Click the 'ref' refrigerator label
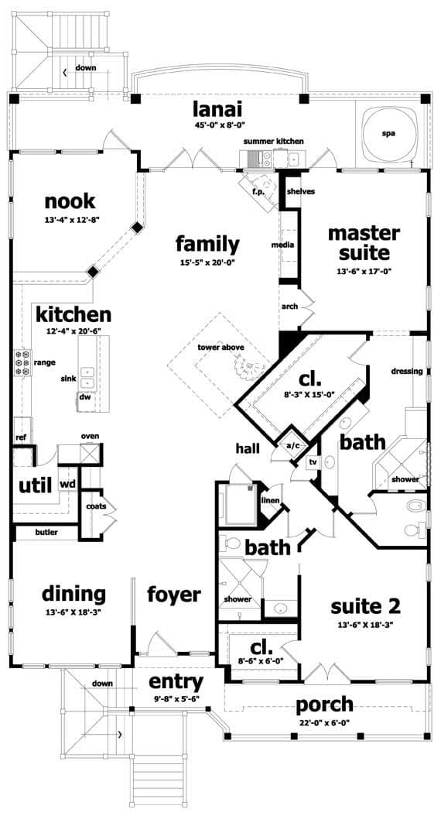coord(21,437)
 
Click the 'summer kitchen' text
coord(273,142)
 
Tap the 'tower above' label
coord(220,348)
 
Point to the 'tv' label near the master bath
coord(313,462)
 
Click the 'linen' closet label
coord(269,500)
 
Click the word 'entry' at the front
coord(176,682)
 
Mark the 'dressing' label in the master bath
coord(407,372)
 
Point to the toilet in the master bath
coord(414,507)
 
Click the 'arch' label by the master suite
coord(289,307)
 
